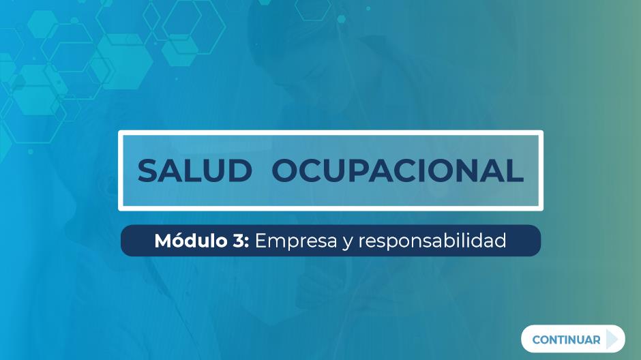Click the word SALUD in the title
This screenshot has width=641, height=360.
195,170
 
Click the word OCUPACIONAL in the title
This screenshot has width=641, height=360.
398,170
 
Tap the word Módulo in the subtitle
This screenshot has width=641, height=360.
190,241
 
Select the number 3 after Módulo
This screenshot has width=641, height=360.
239,241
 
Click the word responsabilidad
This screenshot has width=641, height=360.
432,241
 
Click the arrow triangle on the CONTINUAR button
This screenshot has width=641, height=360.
612,339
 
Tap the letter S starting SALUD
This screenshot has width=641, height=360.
147,170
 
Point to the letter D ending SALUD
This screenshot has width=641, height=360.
241,170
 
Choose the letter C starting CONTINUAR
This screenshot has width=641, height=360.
537,340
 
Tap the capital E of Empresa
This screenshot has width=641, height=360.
260,241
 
